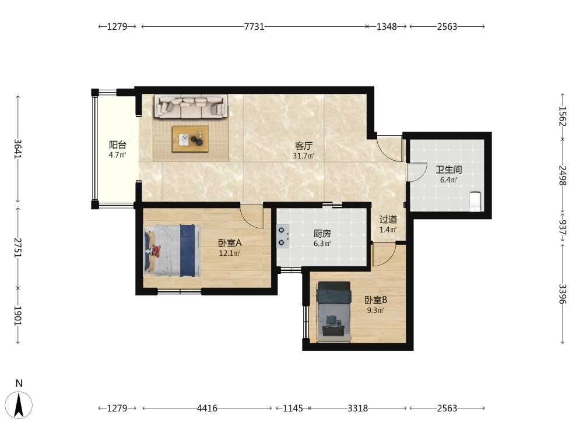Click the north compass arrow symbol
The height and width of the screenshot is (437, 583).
click(x=19, y=405)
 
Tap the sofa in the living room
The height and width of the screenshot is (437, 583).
click(x=191, y=106)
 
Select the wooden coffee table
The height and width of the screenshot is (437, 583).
click(x=191, y=139)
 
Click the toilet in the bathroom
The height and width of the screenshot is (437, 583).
click(x=475, y=202)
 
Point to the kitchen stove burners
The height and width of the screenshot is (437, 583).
click(x=282, y=237)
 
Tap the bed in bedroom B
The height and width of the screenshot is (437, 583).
click(x=333, y=311)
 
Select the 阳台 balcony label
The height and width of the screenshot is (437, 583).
click(x=118, y=145)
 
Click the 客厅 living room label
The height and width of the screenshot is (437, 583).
click(x=304, y=146)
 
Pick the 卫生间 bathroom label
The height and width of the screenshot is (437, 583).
click(x=449, y=170)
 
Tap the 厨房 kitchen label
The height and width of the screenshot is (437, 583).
click(x=322, y=234)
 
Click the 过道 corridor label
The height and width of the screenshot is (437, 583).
click(x=388, y=219)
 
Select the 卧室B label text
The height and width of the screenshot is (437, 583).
click(x=376, y=299)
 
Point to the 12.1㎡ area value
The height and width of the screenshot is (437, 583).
click(x=230, y=253)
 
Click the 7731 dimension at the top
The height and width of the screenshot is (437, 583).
click(x=254, y=27)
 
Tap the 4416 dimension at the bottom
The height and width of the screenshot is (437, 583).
click(x=207, y=408)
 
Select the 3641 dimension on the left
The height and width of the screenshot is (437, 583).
click(x=18, y=149)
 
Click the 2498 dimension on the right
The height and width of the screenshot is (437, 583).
click(x=563, y=176)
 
